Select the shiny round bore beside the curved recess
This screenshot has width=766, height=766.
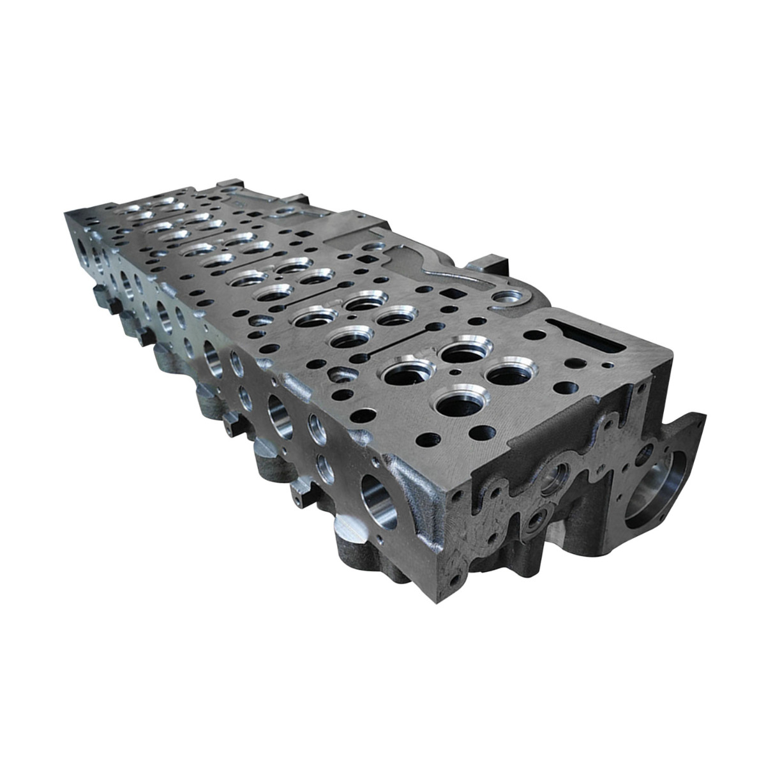pos(507,296)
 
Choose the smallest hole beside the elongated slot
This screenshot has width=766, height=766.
pos(610,364)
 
